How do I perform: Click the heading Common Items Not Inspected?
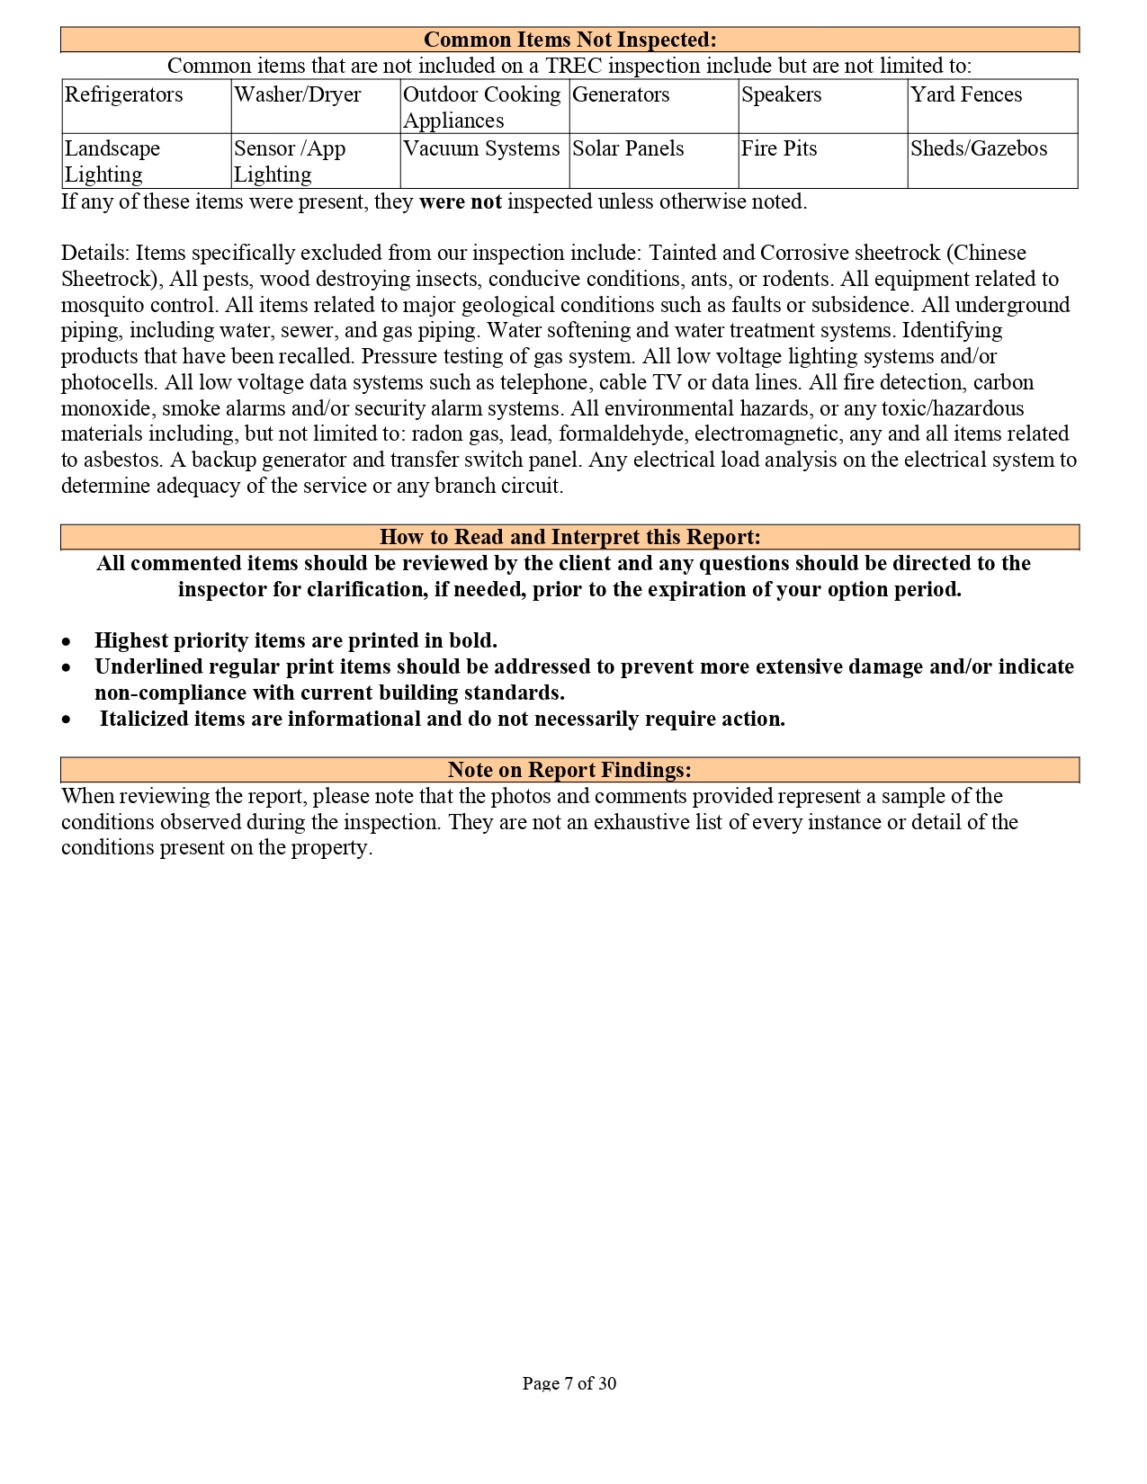point(570,40)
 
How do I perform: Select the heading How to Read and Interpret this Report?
point(570,537)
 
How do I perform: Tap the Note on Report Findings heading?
point(570,770)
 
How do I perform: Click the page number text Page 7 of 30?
point(569,1383)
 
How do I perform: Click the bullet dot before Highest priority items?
point(67,642)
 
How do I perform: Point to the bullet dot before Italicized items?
point(67,720)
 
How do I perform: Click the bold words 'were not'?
point(460,201)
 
